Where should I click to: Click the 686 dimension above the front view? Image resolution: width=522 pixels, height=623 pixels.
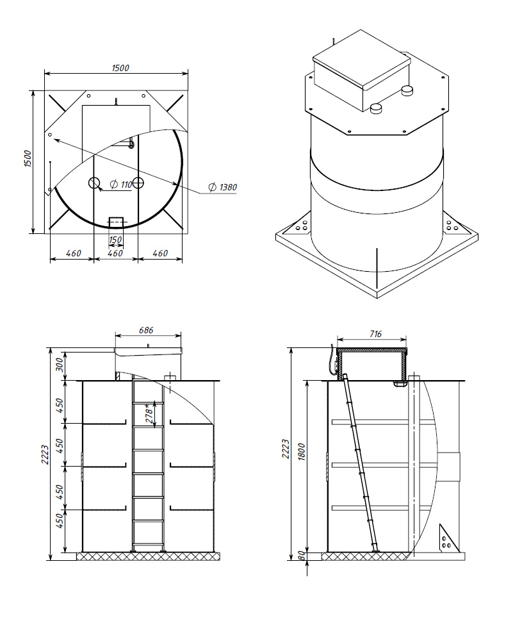[146, 330]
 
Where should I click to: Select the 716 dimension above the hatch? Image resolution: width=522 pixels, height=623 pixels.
[375, 334]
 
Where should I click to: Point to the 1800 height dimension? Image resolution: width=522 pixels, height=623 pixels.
[302, 452]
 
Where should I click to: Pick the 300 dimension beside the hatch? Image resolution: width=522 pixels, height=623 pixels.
[60, 365]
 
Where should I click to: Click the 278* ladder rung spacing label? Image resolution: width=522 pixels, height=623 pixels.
[149, 413]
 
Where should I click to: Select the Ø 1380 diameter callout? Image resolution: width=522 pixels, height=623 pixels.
[223, 187]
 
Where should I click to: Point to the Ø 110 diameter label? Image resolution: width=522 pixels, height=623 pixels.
[120, 185]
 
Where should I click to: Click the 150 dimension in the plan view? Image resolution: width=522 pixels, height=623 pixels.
[115, 240]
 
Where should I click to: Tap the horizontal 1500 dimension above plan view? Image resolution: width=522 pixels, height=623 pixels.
[120, 68]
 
